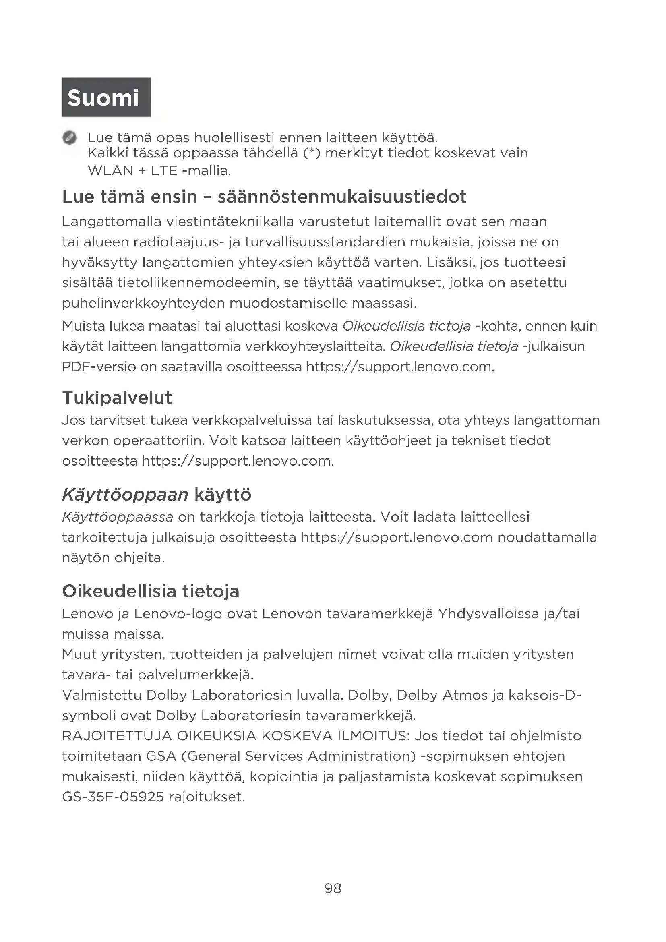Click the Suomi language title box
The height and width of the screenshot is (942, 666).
click(x=106, y=97)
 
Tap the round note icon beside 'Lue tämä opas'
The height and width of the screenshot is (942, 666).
click(x=70, y=138)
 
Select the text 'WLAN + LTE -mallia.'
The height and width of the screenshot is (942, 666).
click(x=159, y=171)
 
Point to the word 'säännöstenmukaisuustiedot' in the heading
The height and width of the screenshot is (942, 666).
click(x=341, y=197)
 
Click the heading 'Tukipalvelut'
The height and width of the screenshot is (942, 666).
click(x=117, y=398)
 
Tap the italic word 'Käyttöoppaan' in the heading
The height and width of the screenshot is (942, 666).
click(x=125, y=495)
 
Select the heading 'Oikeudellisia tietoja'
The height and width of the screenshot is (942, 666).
click(x=151, y=591)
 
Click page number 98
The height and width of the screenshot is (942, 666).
click(x=333, y=889)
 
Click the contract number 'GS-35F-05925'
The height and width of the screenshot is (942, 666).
click(x=113, y=797)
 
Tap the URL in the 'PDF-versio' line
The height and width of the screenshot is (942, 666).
click(x=400, y=367)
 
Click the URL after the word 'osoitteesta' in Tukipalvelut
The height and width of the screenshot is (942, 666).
click(x=238, y=461)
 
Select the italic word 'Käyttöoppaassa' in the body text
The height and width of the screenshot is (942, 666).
click(x=118, y=517)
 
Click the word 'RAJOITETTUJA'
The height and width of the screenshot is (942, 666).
click(x=116, y=736)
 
